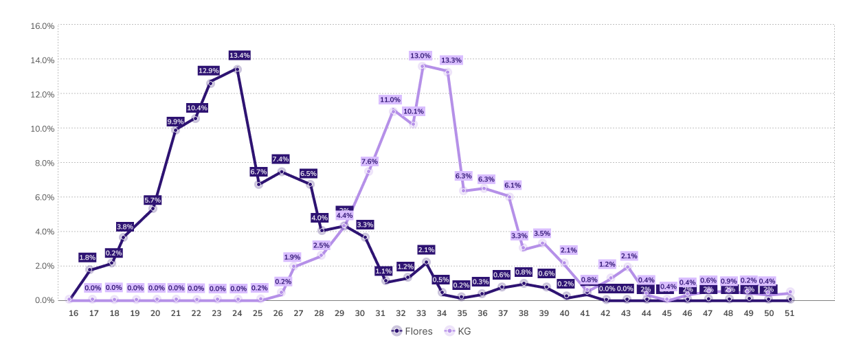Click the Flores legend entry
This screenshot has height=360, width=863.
(412, 331)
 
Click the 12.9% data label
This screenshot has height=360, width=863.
(209, 71)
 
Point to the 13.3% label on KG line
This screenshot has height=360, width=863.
(450, 60)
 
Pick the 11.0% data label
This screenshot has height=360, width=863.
(390, 100)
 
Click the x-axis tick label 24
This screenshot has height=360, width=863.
(238, 313)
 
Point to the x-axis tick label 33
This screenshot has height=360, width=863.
(421, 313)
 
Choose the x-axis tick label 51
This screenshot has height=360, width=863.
(790, 313)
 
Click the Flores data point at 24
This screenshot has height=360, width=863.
(238, 69)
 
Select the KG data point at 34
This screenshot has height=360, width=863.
(448, 71)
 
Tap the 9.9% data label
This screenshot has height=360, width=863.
(176, 122)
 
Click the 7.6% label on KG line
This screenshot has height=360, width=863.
(370, 161)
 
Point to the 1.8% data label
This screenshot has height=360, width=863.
(87, 258)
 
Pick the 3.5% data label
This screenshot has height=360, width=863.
(541, 234)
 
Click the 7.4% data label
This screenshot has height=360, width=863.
(281, 159)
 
